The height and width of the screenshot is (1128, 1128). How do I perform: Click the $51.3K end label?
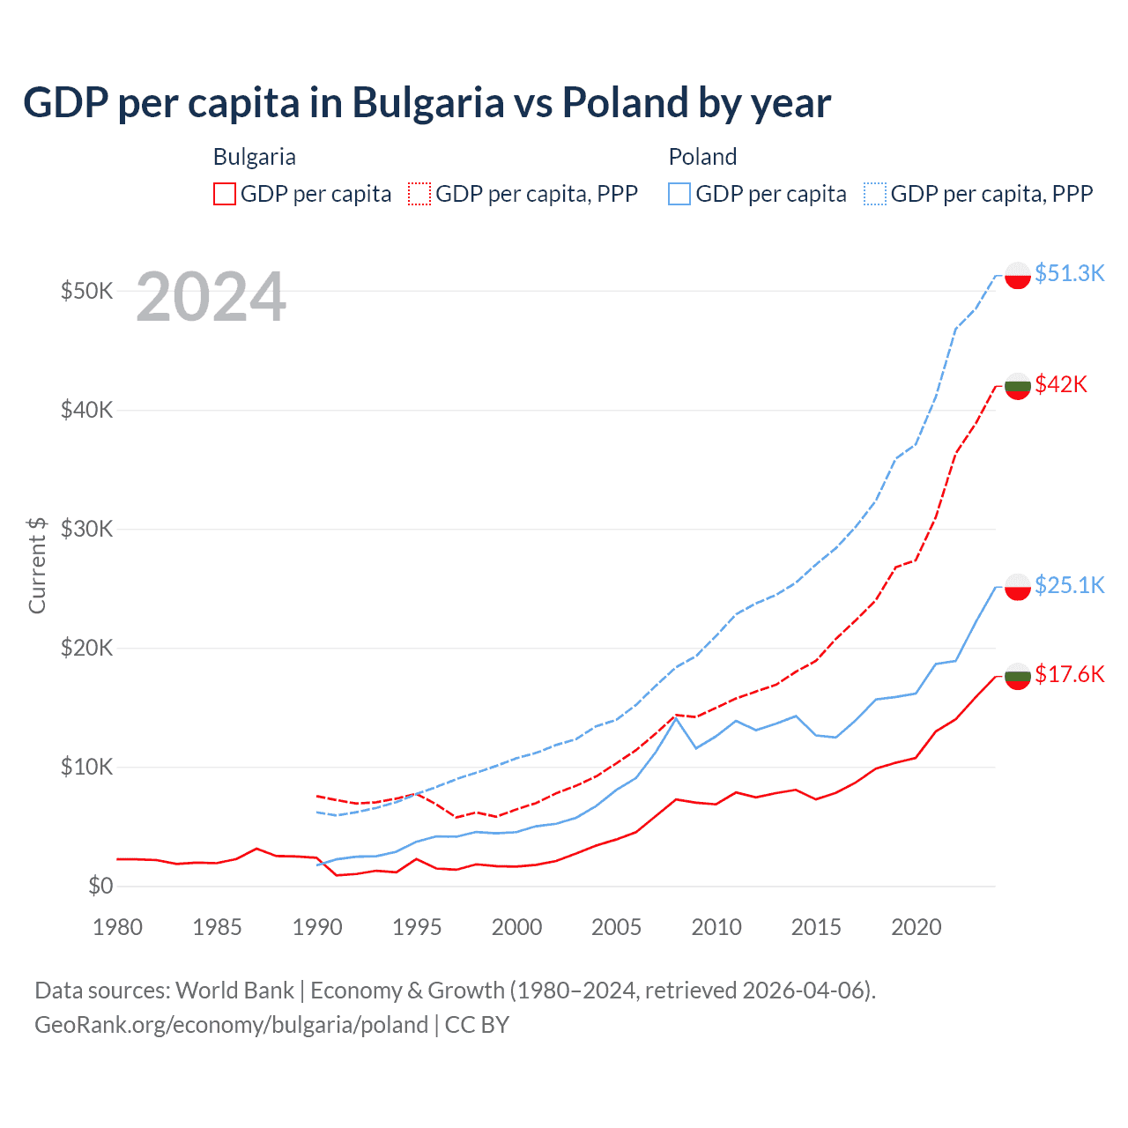1069,273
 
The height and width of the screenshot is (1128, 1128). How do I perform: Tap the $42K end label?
1061,384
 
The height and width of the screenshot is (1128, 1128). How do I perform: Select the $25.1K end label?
1069,585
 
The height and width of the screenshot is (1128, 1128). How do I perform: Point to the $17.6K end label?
1069,674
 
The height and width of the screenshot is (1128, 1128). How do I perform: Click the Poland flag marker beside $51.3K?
1018,275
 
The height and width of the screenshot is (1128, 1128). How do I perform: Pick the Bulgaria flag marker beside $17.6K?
1018,676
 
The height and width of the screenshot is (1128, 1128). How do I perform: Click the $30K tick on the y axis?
86,529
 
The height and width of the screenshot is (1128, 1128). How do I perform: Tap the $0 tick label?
100,886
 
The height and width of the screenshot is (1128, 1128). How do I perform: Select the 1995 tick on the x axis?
417,927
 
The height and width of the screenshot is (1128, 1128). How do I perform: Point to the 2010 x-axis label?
716,927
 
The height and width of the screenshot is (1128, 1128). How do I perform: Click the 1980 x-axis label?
117,927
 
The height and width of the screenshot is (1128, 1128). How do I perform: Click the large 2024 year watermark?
211,298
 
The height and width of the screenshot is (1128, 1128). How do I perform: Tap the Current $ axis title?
37,565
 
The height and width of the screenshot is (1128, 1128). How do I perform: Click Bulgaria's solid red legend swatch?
225,194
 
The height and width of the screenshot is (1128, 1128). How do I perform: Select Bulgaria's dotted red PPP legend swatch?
420,194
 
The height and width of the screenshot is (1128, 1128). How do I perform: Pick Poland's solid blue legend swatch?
679,194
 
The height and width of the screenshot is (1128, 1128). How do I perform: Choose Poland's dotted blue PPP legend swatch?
875,194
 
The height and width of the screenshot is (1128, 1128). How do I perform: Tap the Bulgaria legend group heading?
255,157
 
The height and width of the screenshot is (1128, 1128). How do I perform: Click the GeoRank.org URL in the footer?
231,1025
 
